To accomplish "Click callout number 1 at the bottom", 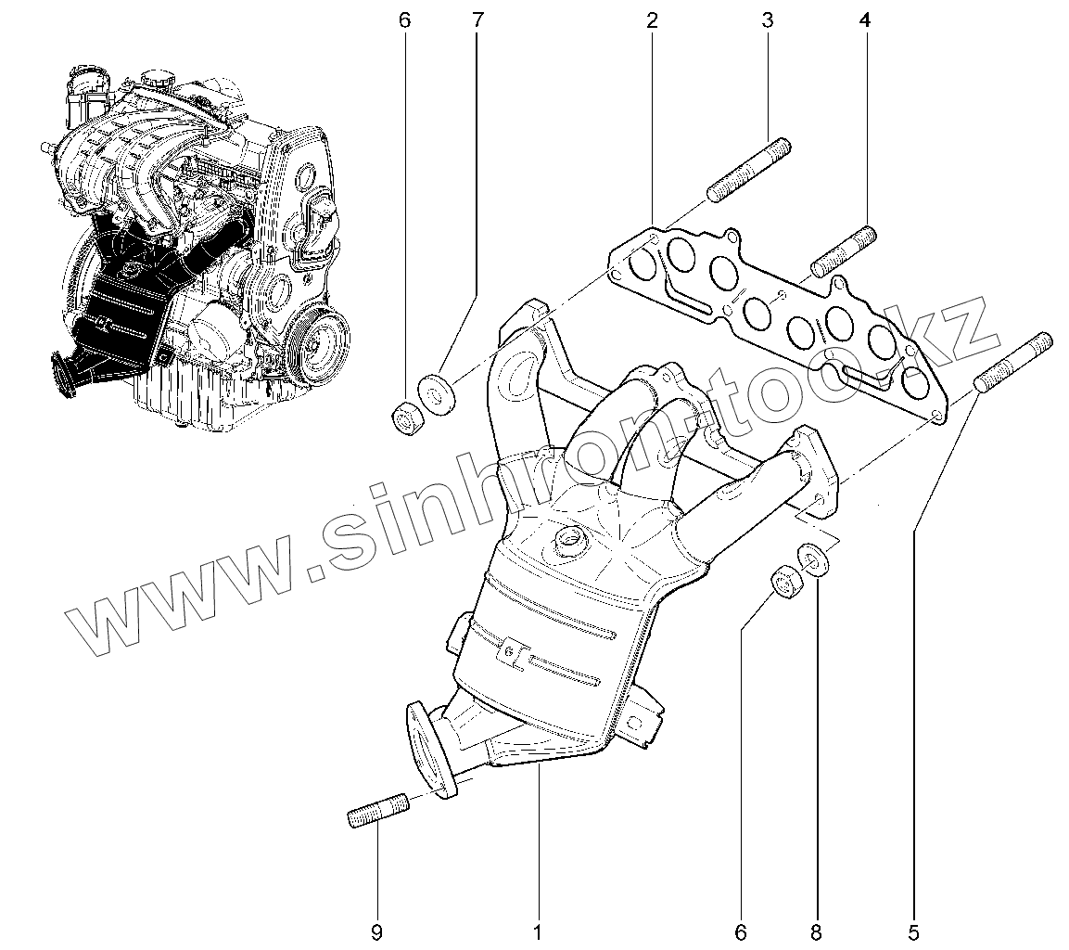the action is (537, 930).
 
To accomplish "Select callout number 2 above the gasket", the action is (653, 19).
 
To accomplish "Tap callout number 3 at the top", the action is (768, 19).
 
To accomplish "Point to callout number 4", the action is (864, 19).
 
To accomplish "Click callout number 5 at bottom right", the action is (913, 930).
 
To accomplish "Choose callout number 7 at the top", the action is (477, 19).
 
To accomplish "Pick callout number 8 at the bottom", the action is (817, 930).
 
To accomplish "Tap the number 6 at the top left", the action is (403, 19).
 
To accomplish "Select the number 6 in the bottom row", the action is (742, 930).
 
